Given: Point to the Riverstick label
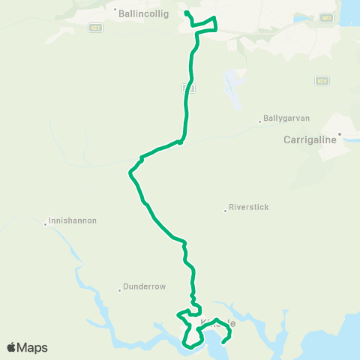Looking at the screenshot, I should click(248, 207).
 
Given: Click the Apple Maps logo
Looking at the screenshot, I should click(27, 347).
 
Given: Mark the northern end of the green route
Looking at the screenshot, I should click(186, 13).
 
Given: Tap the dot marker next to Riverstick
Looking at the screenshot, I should click(225, 210).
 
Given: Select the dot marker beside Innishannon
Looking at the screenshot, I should click(45, 223).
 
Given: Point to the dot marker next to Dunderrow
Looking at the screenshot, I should click(120, 289).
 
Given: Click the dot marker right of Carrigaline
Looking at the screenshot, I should click(339, 134).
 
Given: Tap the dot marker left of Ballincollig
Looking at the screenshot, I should click(115, 10).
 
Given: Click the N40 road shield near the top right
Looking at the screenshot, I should click(325, 16).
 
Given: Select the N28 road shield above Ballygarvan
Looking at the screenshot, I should click(321, 80).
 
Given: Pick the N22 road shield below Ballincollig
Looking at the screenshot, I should click(94, 28).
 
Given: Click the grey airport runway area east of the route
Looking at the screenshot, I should click(235, 89).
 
